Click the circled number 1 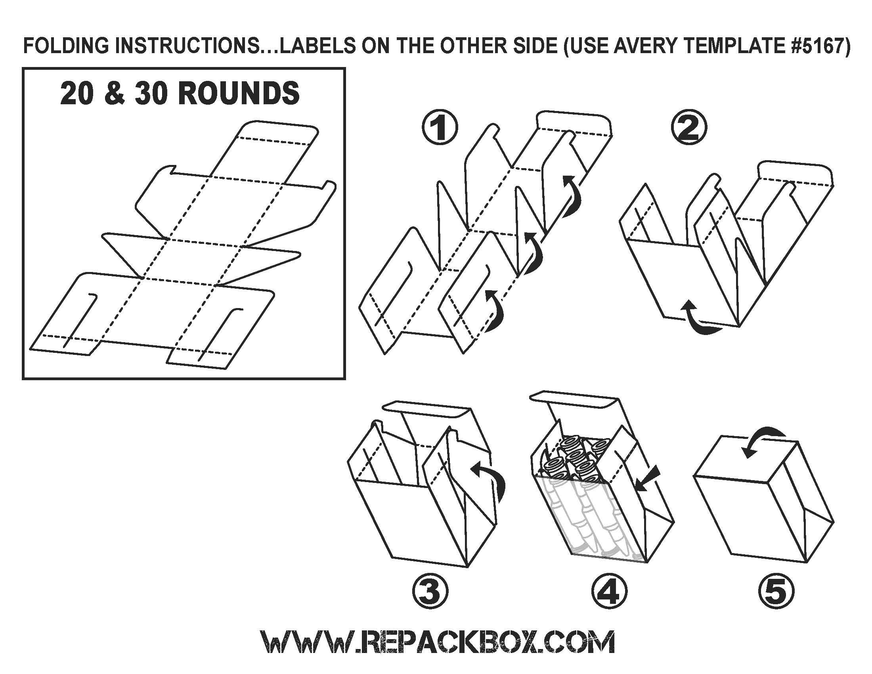(440, 128)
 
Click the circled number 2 (689, 128)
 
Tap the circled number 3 (430, 592)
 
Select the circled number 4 (609, 592)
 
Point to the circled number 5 (776, 592)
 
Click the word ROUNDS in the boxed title (238, 93)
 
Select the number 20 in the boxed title (75, 93)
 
